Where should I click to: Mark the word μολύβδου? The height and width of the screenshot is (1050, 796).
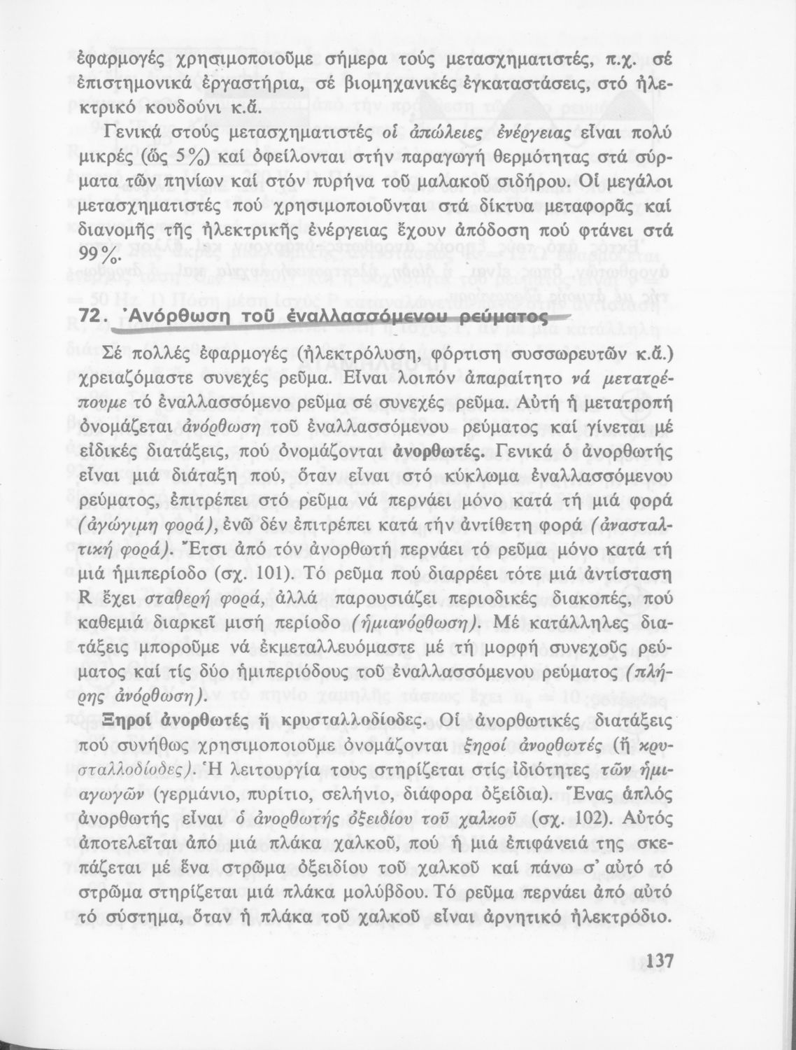point(379,892)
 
